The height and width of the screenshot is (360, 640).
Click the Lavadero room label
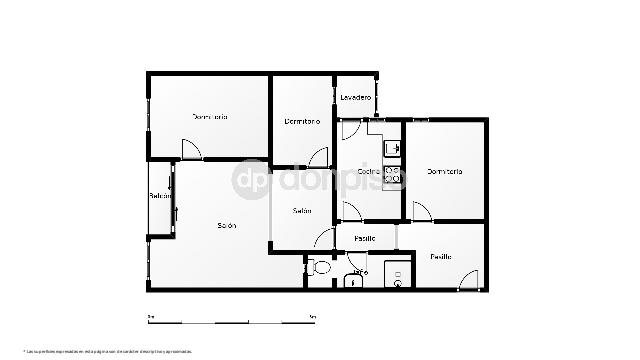(x=356, y=97)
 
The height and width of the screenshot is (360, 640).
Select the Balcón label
(x=160, y=195)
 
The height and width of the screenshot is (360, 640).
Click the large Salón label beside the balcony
(x=226, y=226)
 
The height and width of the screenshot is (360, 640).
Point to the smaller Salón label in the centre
(x=302, y=211)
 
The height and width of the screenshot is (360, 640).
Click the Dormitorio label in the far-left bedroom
(x=210, y=117)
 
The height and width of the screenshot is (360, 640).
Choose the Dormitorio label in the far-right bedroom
(x=445, y=172)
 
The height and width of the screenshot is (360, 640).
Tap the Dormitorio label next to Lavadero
(x=302, y=122)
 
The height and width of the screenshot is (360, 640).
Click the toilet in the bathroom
(x=320, y=268)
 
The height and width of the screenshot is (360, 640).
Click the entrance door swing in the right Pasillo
(x=467, y=281)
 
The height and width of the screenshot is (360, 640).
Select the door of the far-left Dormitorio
(x=190, y=150)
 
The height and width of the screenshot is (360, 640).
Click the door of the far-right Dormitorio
(x=421, y=211)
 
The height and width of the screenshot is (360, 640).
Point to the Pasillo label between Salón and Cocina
(x=364, y=238)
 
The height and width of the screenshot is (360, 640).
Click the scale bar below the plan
(x=231, y=320)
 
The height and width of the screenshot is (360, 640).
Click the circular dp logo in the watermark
(x=251, y=180)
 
